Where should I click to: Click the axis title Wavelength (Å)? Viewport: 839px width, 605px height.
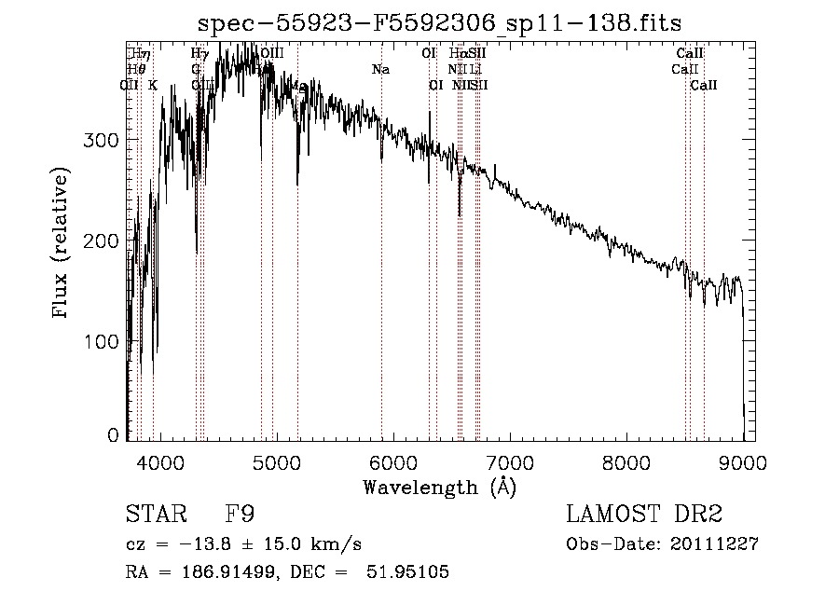coord(439,487)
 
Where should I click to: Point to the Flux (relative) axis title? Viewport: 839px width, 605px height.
coord(62,244)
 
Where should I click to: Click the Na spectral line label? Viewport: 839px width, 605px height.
coord(380,70)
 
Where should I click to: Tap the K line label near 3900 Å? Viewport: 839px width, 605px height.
coord(153,85)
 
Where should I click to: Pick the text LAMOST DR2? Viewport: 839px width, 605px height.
coord(644,515)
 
